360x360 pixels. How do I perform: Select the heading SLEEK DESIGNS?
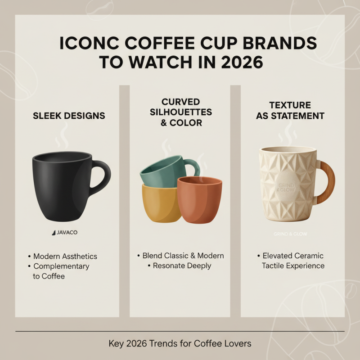coord(69,116)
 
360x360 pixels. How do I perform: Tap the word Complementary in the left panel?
coord(61,266)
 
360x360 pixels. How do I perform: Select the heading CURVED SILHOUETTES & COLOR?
coord(181,112)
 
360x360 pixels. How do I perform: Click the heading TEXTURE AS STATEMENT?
coord(290,111)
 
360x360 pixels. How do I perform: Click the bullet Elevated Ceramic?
coord(292,256)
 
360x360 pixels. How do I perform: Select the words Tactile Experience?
coord(293,265)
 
